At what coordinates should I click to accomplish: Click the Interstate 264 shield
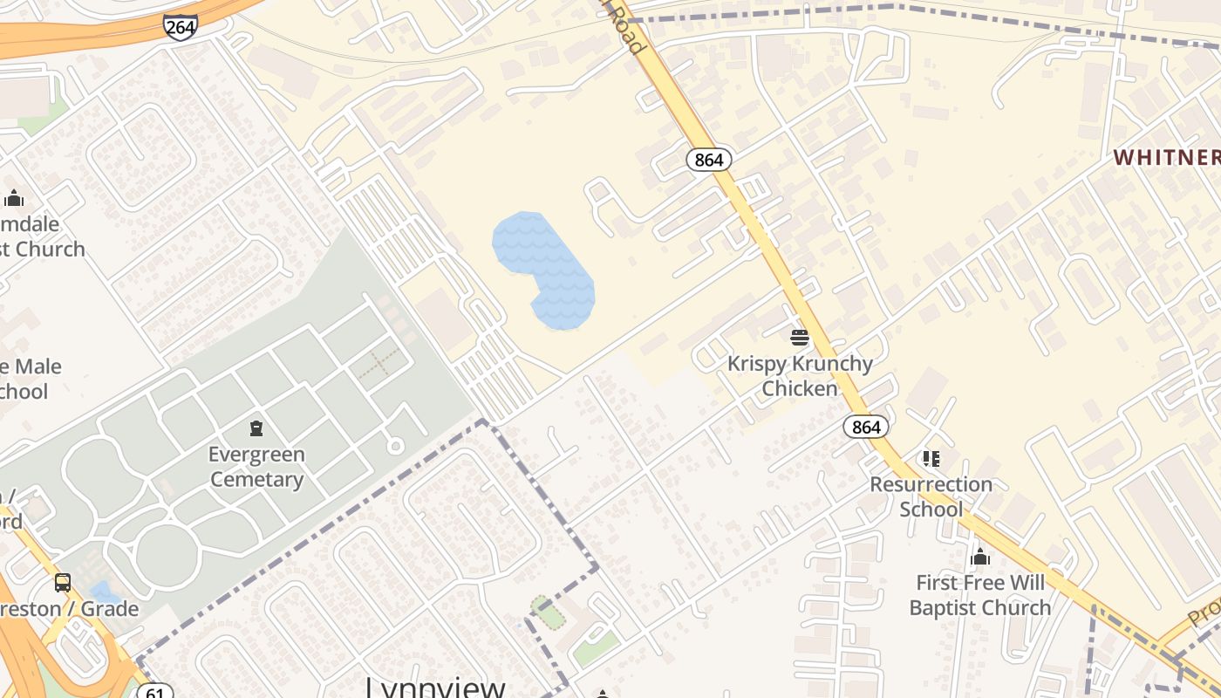click(180, 27)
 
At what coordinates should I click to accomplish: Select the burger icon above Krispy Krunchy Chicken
click(800, 337)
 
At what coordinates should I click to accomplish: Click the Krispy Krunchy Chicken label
click(800, 376)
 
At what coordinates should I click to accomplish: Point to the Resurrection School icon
click(931, 458)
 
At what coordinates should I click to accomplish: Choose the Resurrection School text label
click(931, 496)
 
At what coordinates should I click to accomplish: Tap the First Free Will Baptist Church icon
click(980, 557)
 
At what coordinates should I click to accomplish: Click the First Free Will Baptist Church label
click(980, 595)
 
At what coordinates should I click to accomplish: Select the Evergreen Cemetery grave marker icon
click(256, 428)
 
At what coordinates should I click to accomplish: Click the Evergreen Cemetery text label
click(256, 467)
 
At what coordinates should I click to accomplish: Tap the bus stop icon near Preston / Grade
click(63, 582)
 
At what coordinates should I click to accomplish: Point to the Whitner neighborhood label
click(1167, 157)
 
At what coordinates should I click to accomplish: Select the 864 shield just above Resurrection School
click(866, 427)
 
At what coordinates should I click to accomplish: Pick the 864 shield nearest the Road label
click(708, 160)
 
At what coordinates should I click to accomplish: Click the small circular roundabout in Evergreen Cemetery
click(395, 446)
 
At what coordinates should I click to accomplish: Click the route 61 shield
click(155, 692)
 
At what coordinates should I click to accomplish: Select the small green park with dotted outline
click(548, 612)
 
